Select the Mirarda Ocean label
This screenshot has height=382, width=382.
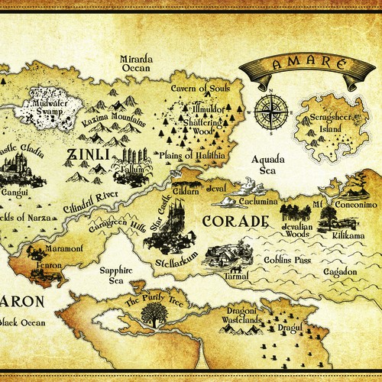click(137, 62)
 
